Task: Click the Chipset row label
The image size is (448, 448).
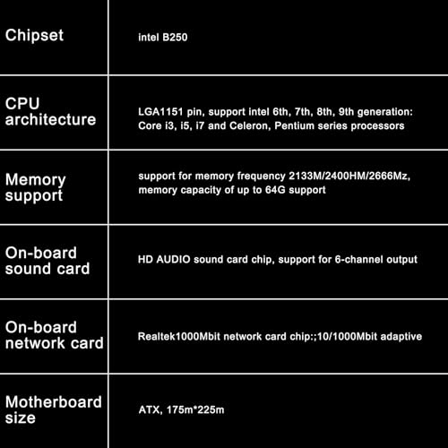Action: point(34,36)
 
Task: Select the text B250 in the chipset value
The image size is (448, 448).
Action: point(175,38)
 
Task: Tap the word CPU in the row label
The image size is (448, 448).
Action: point(22,104)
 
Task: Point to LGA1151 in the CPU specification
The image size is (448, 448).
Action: point(160,112)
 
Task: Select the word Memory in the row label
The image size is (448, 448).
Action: point(36,180)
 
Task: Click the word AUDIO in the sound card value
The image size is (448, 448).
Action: point(173,259)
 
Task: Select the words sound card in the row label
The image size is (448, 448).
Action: point(47,269)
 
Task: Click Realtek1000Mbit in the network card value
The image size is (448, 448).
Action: point(179,337)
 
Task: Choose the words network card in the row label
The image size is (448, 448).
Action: point(55,343)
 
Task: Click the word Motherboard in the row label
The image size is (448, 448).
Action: point(54,402)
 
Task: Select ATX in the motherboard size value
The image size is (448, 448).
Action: point(151,409)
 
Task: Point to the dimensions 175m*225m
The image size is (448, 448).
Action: point(195,409)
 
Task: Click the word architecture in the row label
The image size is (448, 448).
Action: point(50,119)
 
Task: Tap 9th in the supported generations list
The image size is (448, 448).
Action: point(346,112)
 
